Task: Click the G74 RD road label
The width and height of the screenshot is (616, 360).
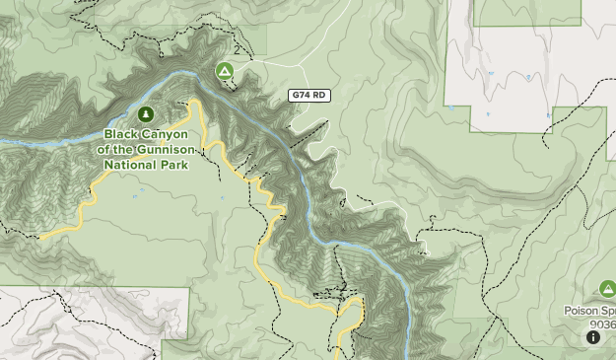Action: [308, 96]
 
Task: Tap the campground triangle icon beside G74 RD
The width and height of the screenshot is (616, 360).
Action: [225, 71]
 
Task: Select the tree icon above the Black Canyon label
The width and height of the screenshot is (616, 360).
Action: [147, 114]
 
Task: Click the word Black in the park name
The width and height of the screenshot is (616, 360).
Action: [122, 134]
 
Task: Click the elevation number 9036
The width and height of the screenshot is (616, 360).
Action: [603, 324]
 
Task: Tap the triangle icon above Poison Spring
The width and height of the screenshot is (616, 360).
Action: [607, 289]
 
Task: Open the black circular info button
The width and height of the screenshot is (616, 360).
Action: [593, 337]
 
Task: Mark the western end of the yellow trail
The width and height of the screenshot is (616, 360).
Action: [40, 238]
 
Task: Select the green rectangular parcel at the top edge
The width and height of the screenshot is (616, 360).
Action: [526, 12]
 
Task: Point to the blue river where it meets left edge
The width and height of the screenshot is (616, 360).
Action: [3, 142]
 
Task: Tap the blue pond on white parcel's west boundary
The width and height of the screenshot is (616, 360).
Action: [450, 107]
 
